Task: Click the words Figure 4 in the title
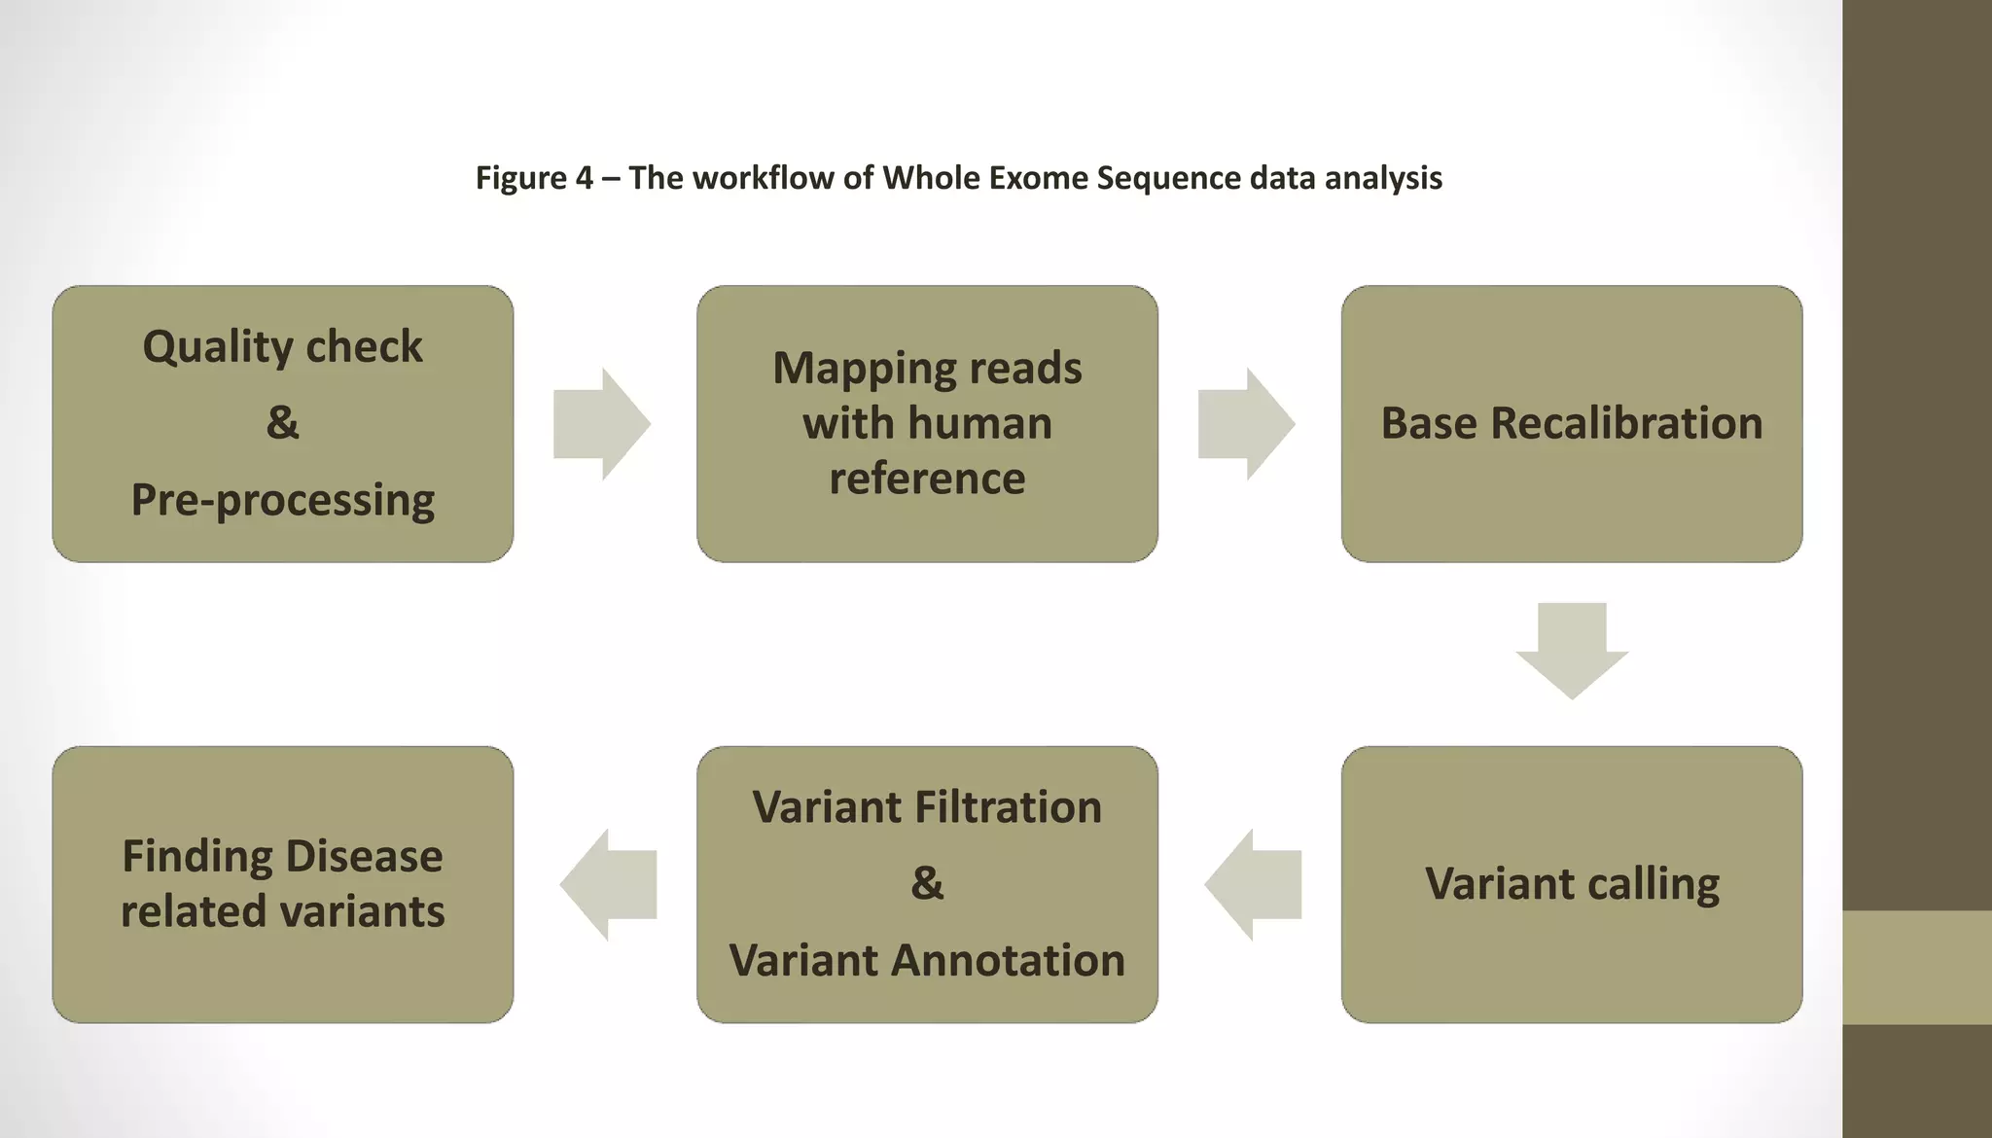click(x=534, y=178)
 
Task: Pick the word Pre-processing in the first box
click(x=283, y=500)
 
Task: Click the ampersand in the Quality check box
click(x=283, y=422)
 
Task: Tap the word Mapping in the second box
click(x=848, y=368)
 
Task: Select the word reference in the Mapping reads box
click(x=927, y=479)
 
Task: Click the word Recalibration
click(x=1626, y=423)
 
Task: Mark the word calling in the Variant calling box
click(x=1654, y=884)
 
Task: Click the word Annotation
click(x=1008, y=960)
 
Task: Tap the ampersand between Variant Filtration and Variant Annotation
click(x=927, y=883)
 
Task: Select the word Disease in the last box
click(x=364, y=856)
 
